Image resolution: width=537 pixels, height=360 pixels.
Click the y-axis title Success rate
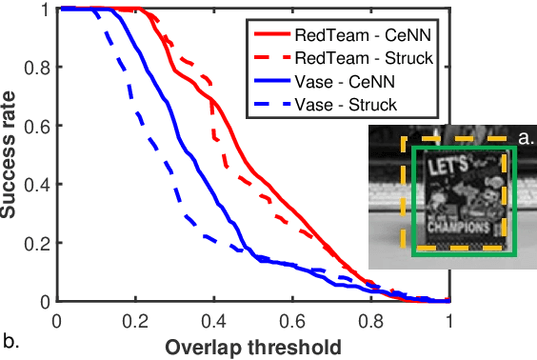click(x=11, y=155)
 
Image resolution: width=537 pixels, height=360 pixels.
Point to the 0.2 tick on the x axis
click(x=135, y=320)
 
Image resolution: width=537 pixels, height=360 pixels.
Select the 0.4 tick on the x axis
click(x=213, y=320)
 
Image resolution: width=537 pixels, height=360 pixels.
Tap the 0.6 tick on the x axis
click(x=292, y=320)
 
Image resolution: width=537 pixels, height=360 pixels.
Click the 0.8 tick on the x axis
click(x=370, y=320)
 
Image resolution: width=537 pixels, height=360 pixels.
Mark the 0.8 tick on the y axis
click(x=37, y=68)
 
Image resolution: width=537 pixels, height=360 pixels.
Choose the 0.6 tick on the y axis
click(x=37, y=127)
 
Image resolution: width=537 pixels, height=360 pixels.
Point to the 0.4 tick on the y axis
click(x=37, y=185)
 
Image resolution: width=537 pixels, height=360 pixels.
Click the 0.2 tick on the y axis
click(x=37, y=244)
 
